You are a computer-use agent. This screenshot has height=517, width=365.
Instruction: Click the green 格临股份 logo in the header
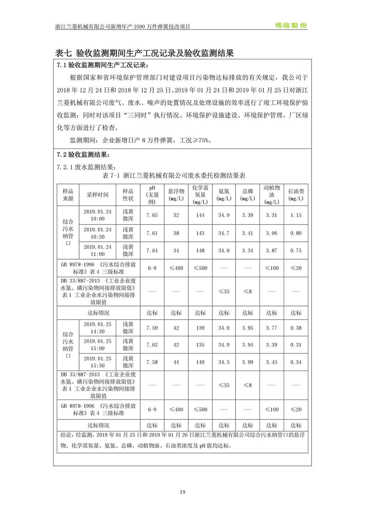(291, 26)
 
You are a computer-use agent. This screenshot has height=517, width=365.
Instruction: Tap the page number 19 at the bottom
(182, 492)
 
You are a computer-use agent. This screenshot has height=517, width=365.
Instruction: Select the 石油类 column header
(296, 195)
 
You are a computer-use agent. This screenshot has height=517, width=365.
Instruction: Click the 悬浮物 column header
(176, 195)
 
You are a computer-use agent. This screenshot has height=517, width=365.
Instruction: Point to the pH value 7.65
(152, 215)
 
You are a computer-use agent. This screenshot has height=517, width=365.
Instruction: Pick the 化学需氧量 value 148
(200, 251)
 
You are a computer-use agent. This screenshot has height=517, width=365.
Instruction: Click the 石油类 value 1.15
(296, 215)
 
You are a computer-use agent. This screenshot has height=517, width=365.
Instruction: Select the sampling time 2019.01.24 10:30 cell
(97, 233)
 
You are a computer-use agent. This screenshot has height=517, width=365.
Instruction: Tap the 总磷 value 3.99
(247, 362)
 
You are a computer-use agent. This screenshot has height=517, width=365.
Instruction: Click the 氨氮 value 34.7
(224, 233)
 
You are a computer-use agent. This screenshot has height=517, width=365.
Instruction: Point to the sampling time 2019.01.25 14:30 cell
(97, 328)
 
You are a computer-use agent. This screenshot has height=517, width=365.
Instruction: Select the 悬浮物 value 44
(176, 362)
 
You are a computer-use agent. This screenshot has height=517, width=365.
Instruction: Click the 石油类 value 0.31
(296, 345)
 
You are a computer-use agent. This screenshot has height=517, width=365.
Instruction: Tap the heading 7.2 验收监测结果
(83, 155)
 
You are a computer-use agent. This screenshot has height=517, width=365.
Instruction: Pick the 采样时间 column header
(97, 195)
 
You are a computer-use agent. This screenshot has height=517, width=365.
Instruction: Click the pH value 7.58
(152, 362)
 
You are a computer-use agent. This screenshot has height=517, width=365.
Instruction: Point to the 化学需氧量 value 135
(200, 345)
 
